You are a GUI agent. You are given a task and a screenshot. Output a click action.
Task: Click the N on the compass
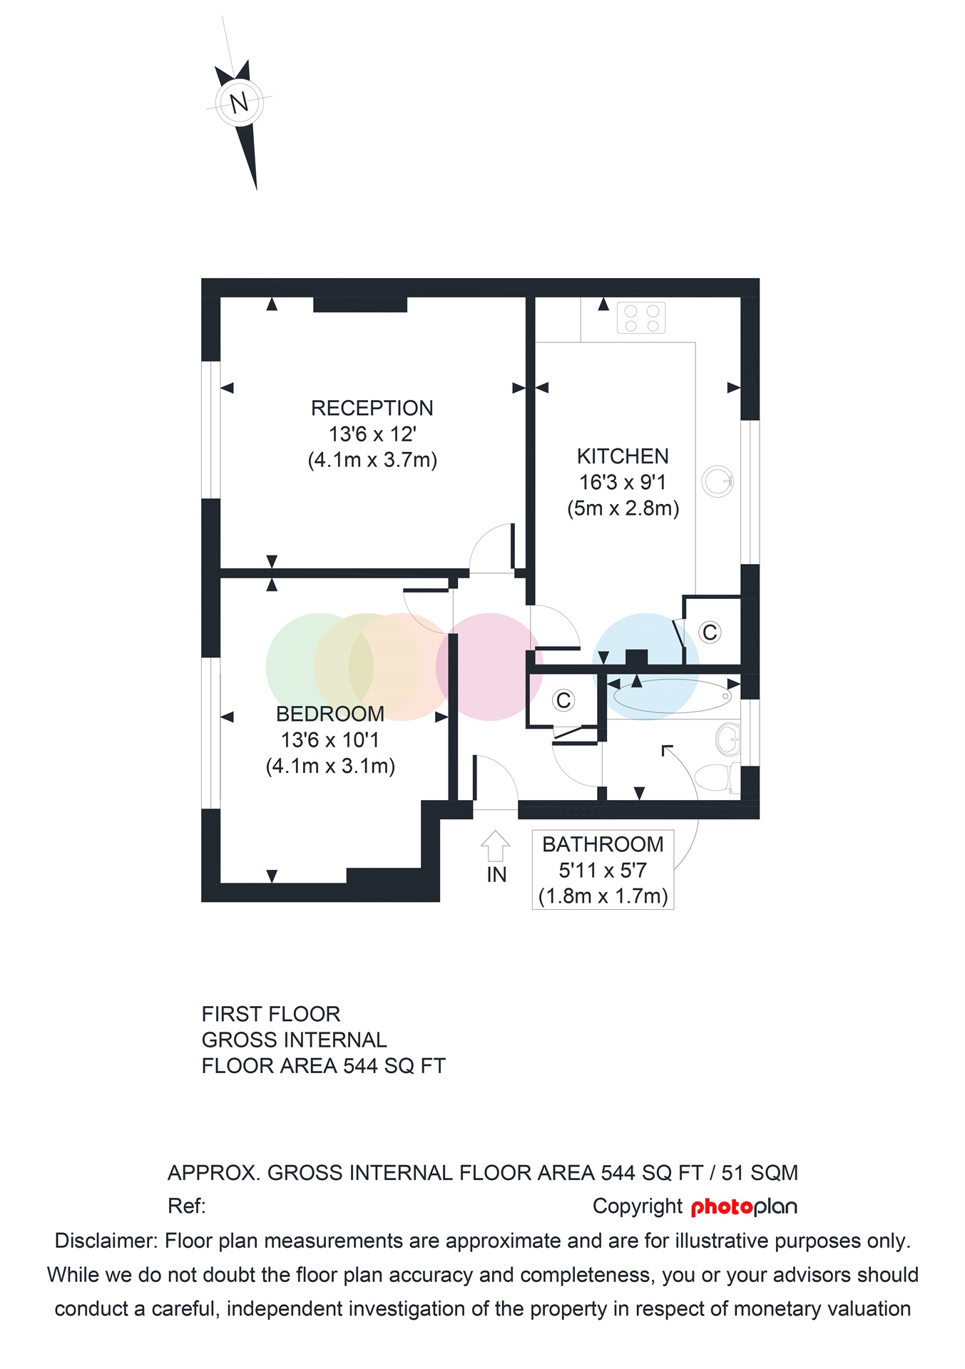point(239,103)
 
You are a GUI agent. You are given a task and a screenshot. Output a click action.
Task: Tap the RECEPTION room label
point(372,408)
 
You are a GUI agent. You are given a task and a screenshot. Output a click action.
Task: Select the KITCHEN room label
point(623,456)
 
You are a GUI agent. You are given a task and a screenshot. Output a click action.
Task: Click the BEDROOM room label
point(330,714)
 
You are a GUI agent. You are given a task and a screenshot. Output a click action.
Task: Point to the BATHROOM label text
point(603,844)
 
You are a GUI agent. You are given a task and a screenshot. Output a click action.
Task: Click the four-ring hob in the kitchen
point(641,318)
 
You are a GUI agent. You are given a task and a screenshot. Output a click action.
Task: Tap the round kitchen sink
point(717,481)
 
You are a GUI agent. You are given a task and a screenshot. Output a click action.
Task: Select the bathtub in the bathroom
point(672,697)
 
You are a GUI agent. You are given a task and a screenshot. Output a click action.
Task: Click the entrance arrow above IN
point(495,846)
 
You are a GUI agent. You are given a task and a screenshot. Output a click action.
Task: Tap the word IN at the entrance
point(496,875)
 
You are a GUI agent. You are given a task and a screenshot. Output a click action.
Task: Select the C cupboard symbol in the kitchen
point(710,632)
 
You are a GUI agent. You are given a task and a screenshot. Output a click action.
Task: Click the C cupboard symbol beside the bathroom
point(563,700)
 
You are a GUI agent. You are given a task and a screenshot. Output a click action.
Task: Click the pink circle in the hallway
point(489,667)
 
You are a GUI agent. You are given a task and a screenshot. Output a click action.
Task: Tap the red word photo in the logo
point(722,1207)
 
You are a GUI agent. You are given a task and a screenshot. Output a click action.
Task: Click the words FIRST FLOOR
point(271,1014)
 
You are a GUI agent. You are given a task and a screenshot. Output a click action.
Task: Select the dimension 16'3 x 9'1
point(623,483)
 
